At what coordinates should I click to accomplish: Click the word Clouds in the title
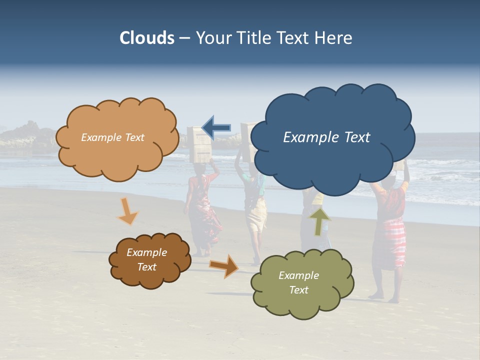(147, 38)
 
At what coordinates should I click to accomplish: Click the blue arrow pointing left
(216, 127)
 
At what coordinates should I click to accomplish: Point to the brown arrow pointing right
(224, 265)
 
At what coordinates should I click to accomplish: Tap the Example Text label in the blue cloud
(326, 137)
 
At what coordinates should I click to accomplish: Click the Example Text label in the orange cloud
(112, 137)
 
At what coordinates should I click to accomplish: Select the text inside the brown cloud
(146, 259)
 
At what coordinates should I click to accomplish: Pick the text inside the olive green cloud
(298, 282)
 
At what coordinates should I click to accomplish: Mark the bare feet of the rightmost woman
(385, 298)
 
